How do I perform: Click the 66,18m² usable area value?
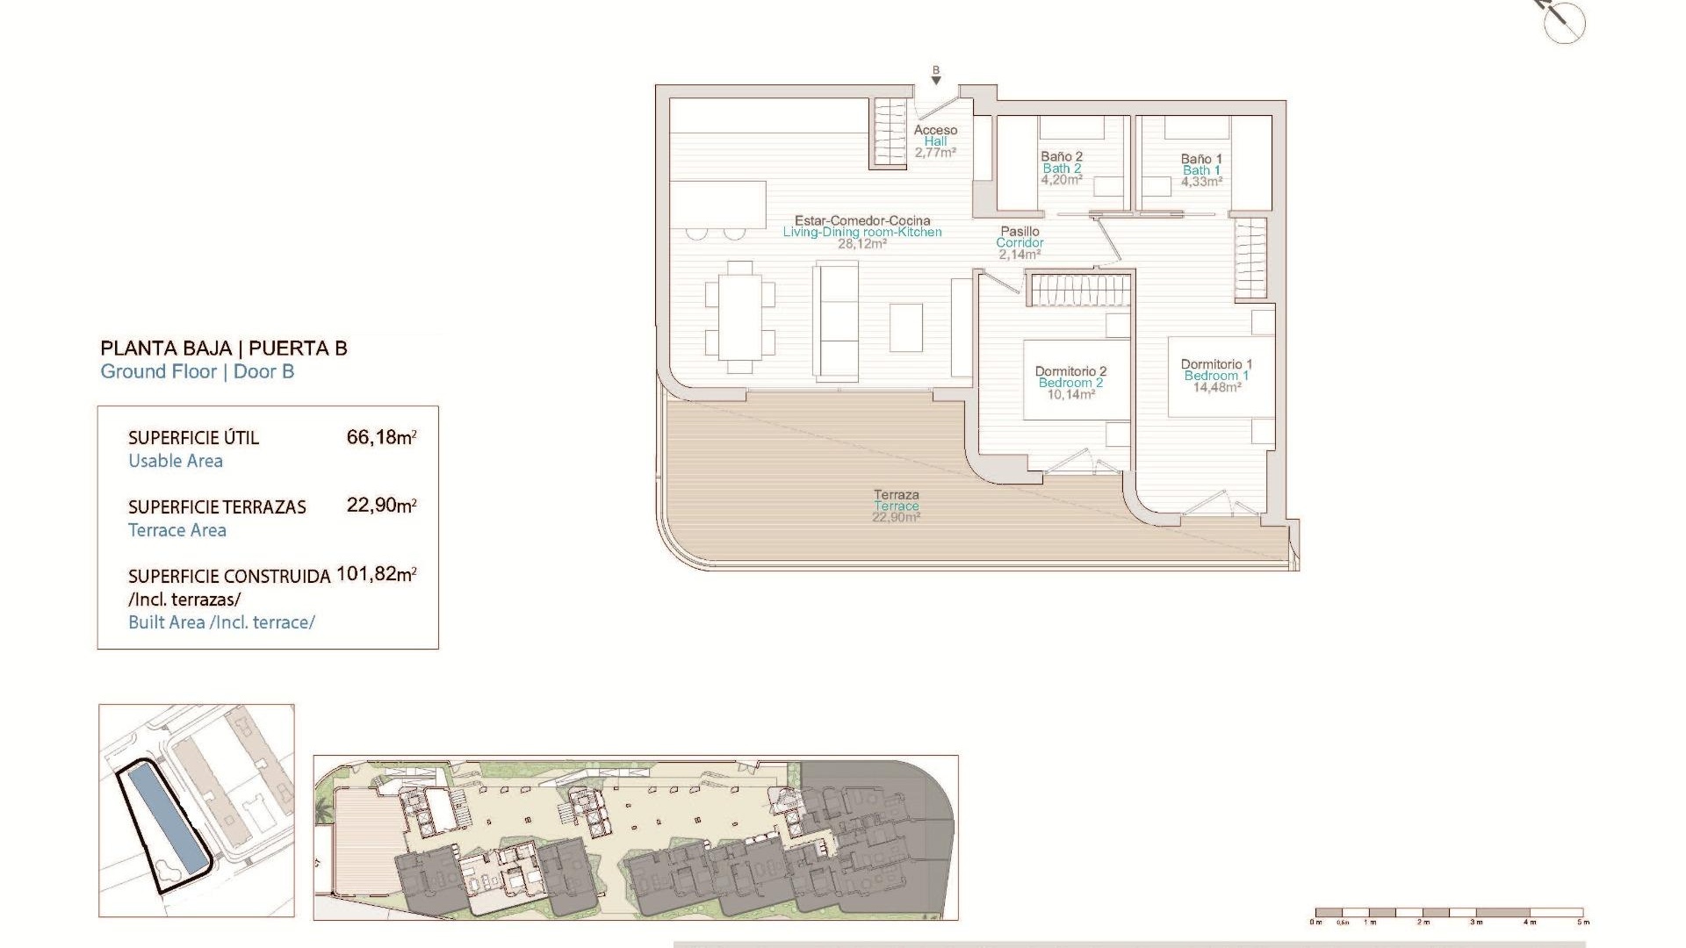[x=381, y=437]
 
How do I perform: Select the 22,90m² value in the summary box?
[x=381, y=506]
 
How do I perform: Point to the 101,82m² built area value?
[x=376, y=574]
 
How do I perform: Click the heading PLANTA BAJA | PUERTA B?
[x=224, y=348]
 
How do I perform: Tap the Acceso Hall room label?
[x=935, y=140]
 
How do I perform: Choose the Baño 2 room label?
[x=1062, y=168]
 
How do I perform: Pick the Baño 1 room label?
[x=1201, y=170]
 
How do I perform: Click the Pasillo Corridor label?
[x=1020, y=242]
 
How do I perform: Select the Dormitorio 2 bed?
[x=1077, y=379]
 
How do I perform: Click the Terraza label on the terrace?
[x=896, y=506]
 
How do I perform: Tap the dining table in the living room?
[x=739, y=316]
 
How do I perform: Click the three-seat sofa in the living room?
[x=836, y=320]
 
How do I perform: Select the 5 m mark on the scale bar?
[x=1582, y=922]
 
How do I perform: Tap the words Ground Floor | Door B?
[x=198, y=371]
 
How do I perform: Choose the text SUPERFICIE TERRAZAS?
[x=217, y=507]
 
